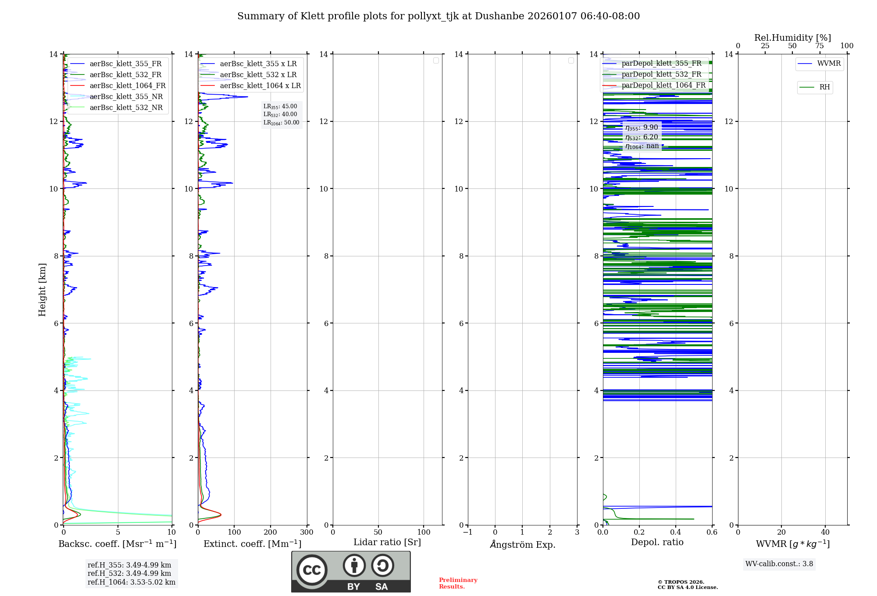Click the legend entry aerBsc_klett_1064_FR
[128, 86]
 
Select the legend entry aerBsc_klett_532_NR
[126, 108]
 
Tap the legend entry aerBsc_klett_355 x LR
[258, 64]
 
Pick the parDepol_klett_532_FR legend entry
[661, 74]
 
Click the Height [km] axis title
[42, 289]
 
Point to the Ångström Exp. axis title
[522, 544]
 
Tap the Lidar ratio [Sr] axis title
[387, 543]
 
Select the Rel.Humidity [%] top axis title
[792, 38]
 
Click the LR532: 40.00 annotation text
[280, 114]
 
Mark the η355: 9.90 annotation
[642, 128]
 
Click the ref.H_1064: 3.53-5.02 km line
[132, 582]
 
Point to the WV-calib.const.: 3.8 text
[779, 564]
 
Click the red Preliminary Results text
[458, 583]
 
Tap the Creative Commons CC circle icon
[312, 570]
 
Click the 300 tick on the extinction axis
[307, 532]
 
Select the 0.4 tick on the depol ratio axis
[676, 532]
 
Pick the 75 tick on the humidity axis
[819, 46]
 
